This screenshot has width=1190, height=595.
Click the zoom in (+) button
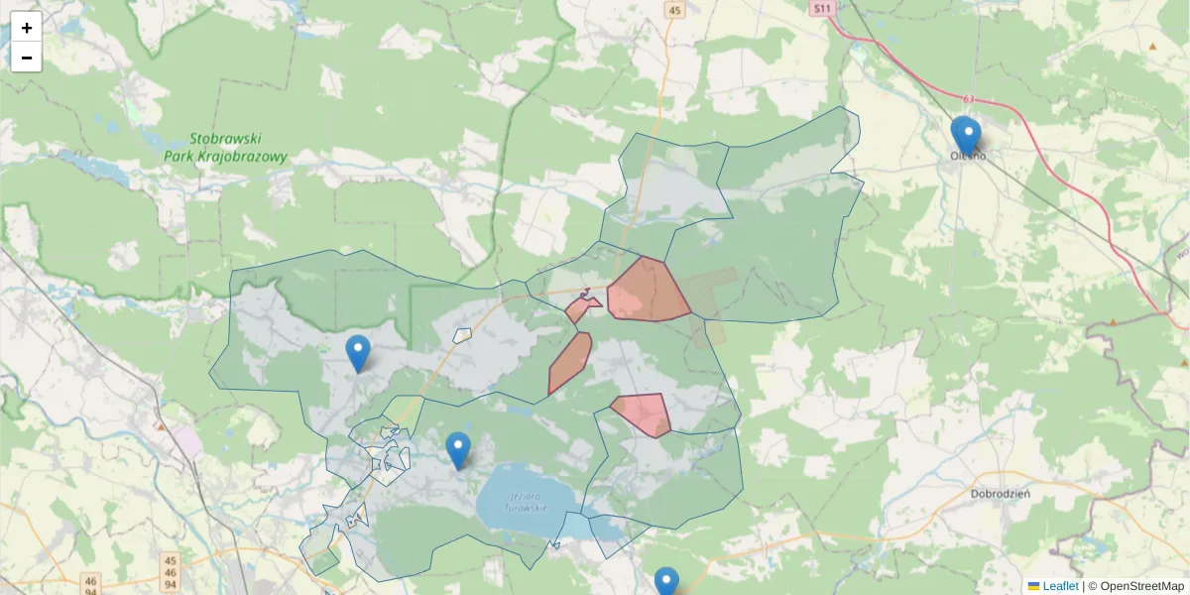pos(27,28)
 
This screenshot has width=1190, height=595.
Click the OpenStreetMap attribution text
pos(1141,586)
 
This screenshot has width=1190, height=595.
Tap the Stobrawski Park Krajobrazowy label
pos(226,149)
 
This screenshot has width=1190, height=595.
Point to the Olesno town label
pos(968,155)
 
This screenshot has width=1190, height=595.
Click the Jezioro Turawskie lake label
pos(527,502)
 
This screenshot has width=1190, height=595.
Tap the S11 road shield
pos(821,8)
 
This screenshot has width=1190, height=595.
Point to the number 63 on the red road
pos(969,99)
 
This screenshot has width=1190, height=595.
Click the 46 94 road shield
pos(91,584)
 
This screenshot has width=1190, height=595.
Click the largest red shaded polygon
pos(647,291)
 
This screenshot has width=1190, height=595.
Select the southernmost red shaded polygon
pos(643,414)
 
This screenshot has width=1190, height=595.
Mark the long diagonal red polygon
pos(570,363)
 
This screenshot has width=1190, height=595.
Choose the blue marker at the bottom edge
pos(666,583)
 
